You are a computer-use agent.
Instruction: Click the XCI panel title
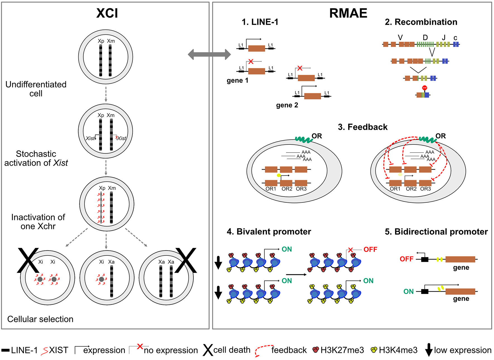(107, 13)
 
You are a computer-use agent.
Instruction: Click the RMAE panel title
(348, 13)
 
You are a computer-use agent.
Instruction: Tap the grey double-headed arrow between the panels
(209, 54)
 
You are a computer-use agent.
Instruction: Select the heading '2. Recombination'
(421, 22)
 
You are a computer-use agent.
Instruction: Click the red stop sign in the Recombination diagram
(425, 88)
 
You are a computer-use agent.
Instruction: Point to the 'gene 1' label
(237, 80)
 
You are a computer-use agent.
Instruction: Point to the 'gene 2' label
(287, 105)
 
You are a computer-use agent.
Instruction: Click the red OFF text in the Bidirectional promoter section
(406, 259)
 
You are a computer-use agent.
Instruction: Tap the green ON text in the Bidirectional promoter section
(408, 292)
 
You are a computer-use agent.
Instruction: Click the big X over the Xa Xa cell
(186, 260)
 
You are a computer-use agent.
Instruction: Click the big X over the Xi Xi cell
(28, 260)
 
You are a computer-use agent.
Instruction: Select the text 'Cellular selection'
(40, 319)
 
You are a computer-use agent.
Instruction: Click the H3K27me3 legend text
(342, 350)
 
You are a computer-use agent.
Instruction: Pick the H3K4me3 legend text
(398, 350)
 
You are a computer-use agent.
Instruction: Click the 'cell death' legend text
(232, 350)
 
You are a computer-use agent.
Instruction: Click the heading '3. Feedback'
(362, 127)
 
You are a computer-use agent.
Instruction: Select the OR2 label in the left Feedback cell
(287, 189)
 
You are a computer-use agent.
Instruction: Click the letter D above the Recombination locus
(425, 38)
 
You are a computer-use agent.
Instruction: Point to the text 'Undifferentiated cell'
(36, 89)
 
